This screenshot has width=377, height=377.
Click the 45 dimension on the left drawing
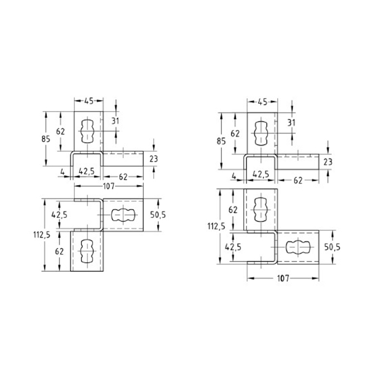click(x=89, y=101)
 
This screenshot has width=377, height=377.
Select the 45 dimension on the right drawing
click(x=262, y=102)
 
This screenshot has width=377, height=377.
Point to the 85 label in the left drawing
click(x=46, y=139)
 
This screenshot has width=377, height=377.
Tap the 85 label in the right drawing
click(x=221, y=141)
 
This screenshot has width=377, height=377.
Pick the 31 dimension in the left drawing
click(x=115, y=121)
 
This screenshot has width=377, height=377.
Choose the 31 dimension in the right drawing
click(x=292, y=123)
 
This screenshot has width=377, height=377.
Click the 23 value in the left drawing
click(x=153, y=159)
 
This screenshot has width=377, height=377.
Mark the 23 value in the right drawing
click(x=328, y=162)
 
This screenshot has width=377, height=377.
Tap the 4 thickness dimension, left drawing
click(x=62, y=172)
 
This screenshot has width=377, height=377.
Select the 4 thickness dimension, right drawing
click(x=234, y=176)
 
